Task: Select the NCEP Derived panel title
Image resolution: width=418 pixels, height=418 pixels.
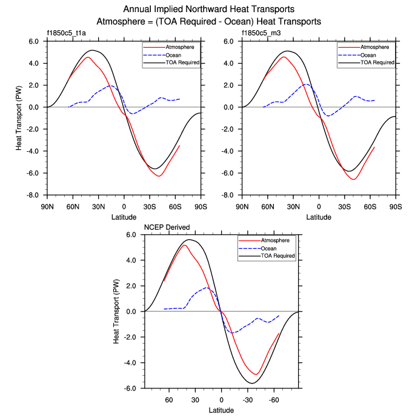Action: tap(167, 227)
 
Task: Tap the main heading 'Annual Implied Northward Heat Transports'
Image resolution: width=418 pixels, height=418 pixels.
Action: tap(208, 10)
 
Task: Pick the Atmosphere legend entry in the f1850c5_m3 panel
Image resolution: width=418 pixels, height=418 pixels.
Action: tap(376, 47)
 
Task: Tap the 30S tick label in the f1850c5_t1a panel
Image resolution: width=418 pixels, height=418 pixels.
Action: tap(150, 206)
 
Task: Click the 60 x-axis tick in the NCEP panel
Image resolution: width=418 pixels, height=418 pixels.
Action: tap(169, 400)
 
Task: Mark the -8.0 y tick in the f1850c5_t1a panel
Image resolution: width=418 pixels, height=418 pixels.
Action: tap(32, 195)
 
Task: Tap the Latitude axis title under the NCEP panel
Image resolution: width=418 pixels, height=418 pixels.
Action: tap(221, 411)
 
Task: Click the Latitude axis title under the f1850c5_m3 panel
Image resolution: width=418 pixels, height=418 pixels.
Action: tap(319, 216)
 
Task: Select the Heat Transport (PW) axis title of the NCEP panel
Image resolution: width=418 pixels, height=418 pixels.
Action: tap(117, 312)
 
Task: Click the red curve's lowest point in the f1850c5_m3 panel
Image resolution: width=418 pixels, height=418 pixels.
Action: tap(353, 180)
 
